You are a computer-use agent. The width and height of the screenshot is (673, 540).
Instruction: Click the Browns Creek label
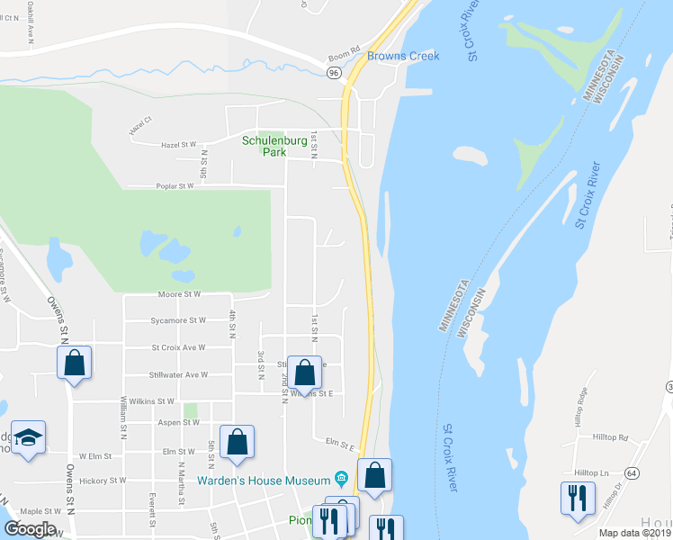tap(402, 56)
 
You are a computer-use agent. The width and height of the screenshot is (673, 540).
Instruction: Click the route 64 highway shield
tap(633, 472)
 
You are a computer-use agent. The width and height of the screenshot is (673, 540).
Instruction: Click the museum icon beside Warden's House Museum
tap(341, 478)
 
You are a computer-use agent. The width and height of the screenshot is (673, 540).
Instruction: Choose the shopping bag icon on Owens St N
tap(75, 364)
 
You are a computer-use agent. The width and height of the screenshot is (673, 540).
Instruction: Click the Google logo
tap(29, 529)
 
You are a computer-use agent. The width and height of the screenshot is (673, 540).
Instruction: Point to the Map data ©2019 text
tap(635, 533)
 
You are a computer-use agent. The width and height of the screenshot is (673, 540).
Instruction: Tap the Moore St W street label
tap(178, 294)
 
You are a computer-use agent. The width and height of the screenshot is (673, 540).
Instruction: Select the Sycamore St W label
tap(178, 320)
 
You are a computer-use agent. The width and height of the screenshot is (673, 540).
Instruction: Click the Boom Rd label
tap(344, 50)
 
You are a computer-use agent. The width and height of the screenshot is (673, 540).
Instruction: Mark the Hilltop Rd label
tap(610, 437)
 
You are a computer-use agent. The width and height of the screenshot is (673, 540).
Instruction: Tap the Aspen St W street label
tap(177, 422)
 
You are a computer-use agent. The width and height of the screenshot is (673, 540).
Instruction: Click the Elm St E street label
tap(341, 443)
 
